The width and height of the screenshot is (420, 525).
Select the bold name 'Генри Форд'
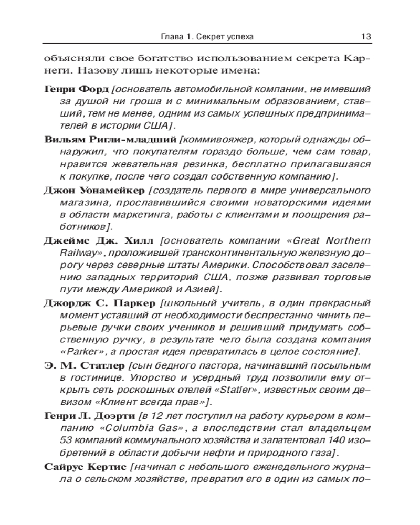(76, 86)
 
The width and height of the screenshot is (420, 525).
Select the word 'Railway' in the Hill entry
(76, 254)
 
